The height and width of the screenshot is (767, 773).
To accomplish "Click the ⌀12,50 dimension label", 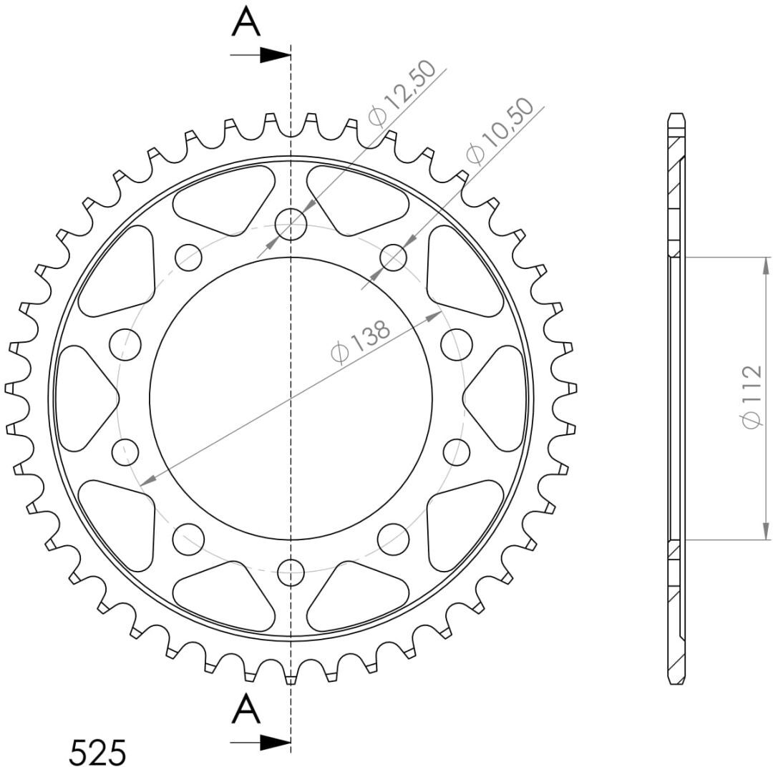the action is pyautogui.click(x=402, y=93).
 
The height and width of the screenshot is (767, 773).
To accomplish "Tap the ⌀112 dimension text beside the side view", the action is pyautogui.click(x=752, y=397).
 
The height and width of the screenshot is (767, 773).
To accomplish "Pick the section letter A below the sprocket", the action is pyautogui.click(x=246, y=710).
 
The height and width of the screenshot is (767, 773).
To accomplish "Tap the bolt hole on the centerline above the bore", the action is pyautogui.click(x=291, y=224).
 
